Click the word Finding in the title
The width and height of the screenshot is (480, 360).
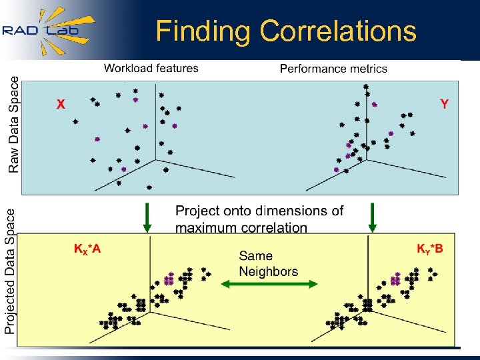[x=203, y=31]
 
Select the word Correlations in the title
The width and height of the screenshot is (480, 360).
[x=338, y=31]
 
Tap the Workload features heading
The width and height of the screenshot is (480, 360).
[x=151, y=68]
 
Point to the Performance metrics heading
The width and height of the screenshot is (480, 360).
[x=333, y=69]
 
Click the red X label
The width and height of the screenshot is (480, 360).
[x=61, y=105]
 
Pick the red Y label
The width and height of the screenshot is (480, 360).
[x=444, y=104]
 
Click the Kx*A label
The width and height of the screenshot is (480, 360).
[x=87, y=249]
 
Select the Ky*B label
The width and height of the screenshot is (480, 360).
[x=430, y=249]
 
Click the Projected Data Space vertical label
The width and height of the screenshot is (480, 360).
[x=11, y=271]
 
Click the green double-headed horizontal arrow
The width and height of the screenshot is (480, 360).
[x=269, y=284]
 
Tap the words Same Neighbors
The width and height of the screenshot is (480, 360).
[x=268, y=263]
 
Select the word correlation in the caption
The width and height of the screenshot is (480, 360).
[x=275, y=228]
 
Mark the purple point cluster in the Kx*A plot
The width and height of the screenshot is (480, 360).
[x=169, y=279]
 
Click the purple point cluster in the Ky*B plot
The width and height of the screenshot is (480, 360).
[x=395, y=279]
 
